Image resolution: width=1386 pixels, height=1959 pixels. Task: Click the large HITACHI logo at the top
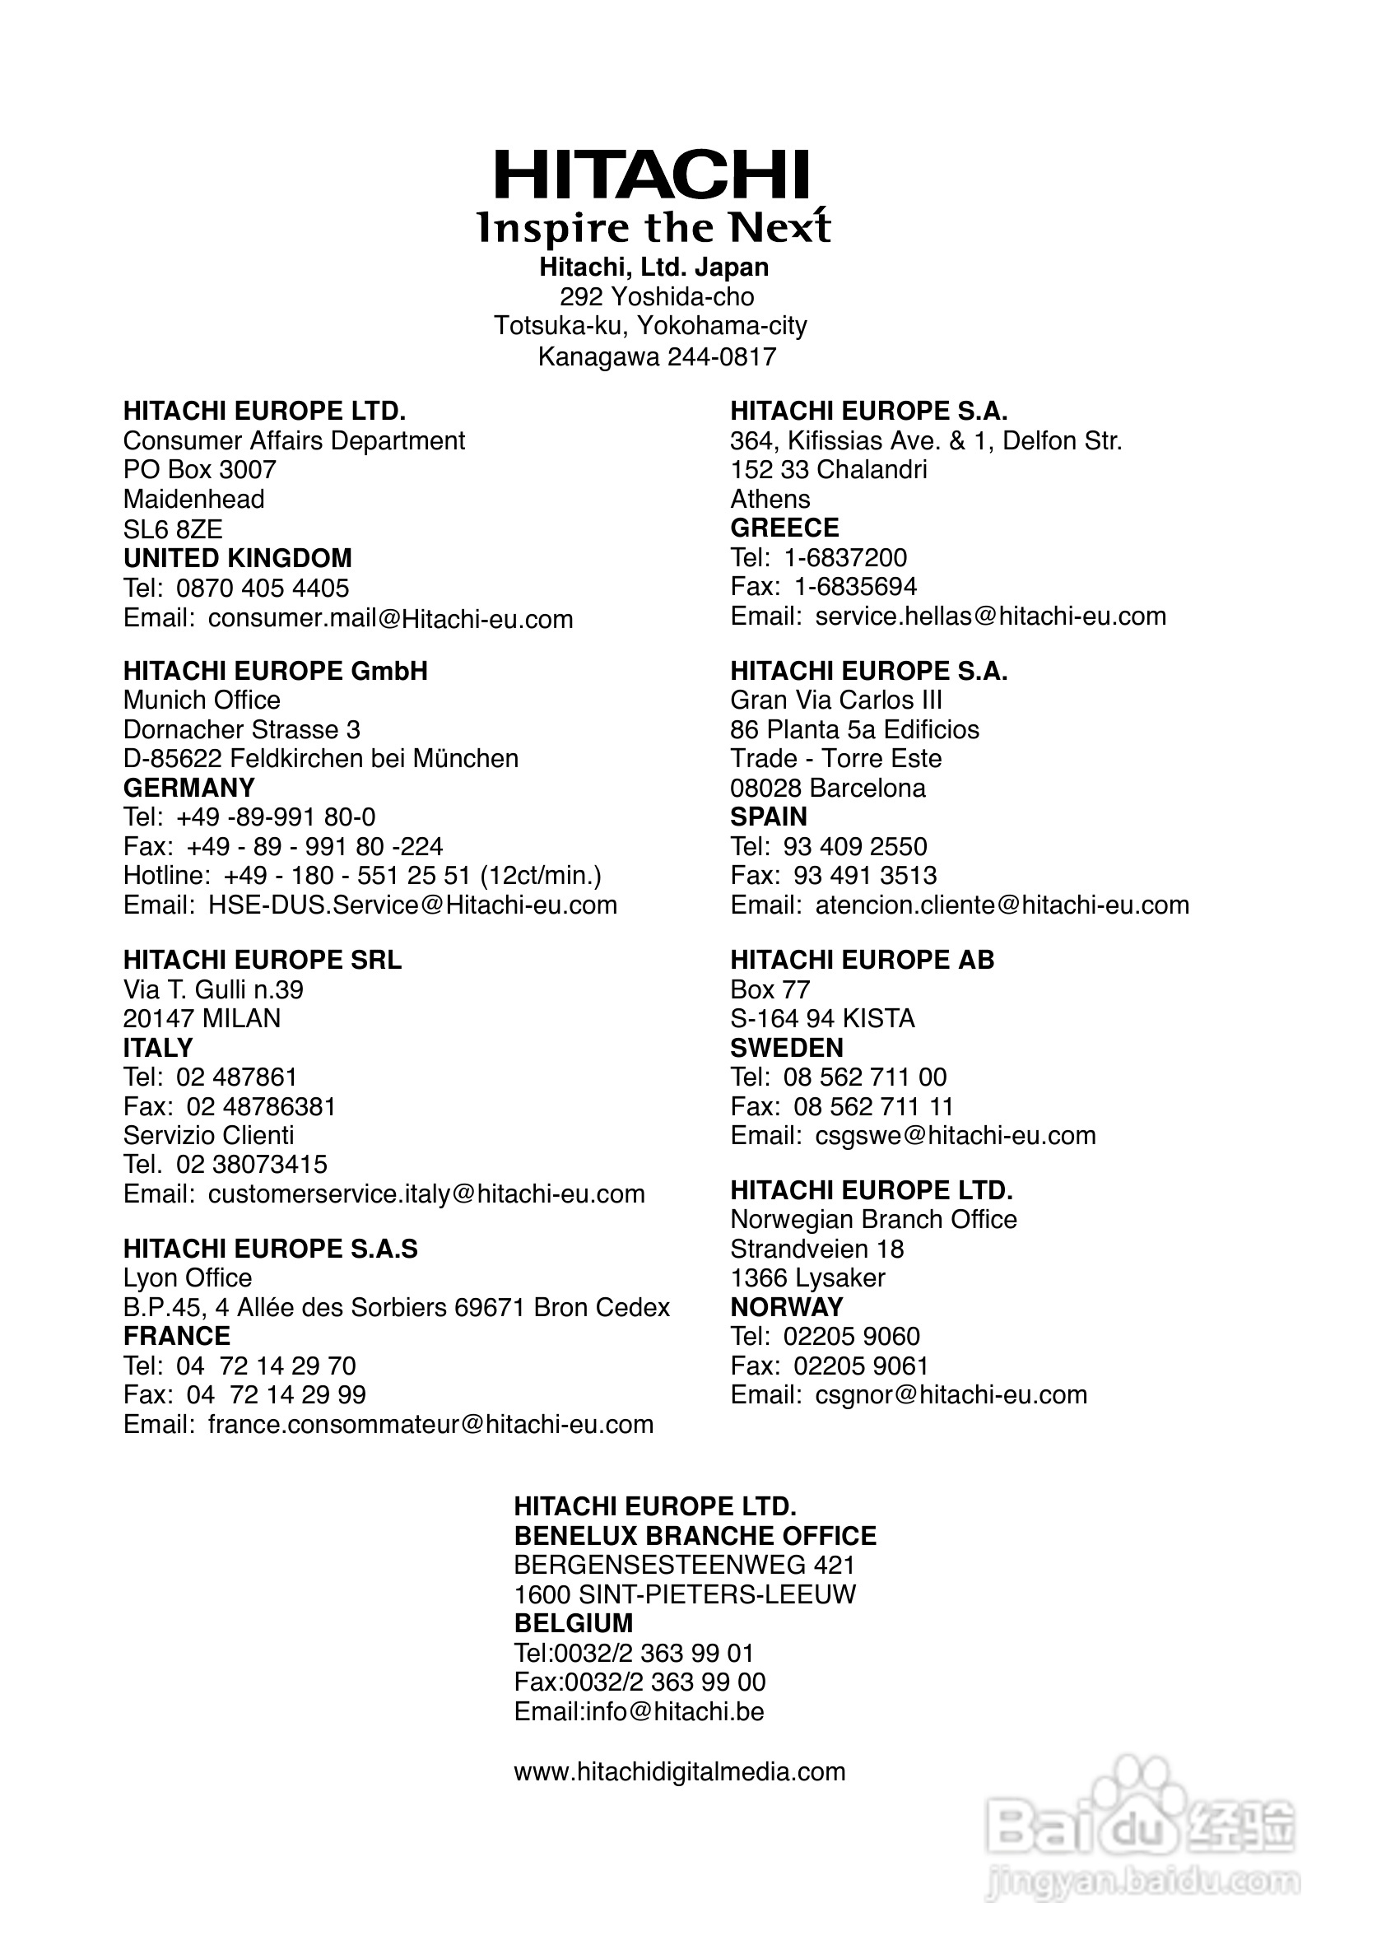coord(652,175)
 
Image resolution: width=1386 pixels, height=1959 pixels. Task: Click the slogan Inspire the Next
coord(653,228)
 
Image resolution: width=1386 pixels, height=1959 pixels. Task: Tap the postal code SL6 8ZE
coord(172,529)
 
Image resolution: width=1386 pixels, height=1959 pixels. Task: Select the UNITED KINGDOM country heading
coord(237,558)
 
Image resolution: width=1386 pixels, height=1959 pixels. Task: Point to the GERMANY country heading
coord(188,788)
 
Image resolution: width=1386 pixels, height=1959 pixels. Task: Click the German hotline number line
coord(362,876)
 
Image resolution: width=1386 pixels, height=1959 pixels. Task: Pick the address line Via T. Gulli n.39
coord(212,989)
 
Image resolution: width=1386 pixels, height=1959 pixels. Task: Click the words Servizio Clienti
coord(208,1135)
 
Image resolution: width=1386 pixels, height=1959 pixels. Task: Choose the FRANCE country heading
coord(177,1336)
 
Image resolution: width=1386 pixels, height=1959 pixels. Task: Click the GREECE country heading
coord(784,528)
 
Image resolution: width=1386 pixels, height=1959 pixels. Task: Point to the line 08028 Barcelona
coord(827,788)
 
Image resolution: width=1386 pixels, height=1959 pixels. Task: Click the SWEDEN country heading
coord(786,1047)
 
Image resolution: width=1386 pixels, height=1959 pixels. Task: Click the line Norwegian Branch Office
coord(873,1220)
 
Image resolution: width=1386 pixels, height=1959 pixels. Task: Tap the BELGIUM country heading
coord(574,1622)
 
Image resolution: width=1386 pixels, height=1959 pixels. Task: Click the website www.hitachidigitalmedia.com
coord(679,1772)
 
